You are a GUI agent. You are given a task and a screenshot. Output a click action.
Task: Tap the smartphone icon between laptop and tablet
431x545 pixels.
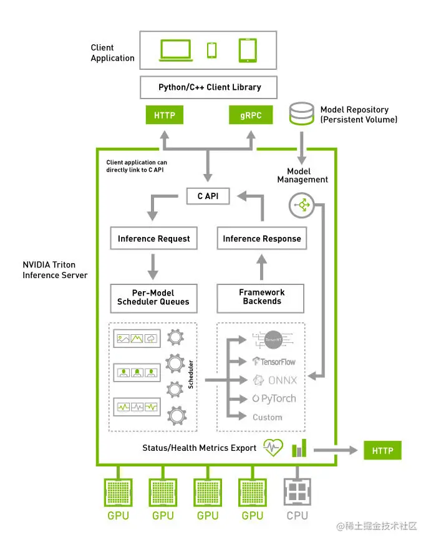click(x=212, y=51)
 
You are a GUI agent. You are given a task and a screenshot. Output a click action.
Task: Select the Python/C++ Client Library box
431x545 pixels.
click(x=209, y=87)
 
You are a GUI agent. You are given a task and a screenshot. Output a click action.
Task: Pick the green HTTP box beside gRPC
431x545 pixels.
click(x=165, y=116)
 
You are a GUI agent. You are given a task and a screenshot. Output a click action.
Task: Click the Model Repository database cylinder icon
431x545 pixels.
click(x=303, y=115)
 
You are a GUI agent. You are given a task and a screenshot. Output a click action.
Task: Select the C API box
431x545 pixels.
click(x=208, y=196)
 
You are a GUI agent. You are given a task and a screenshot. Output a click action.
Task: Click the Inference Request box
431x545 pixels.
click(x=154, y=238)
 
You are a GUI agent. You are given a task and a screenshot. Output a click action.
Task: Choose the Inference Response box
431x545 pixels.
click(x=261, y=238)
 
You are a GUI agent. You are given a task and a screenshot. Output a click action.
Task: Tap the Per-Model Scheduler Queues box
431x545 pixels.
click(x=154, y=297)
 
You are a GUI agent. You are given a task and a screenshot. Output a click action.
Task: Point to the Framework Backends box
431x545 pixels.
click(x=261, y=297)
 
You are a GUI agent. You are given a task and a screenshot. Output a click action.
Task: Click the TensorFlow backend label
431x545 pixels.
click(x=274, y=361)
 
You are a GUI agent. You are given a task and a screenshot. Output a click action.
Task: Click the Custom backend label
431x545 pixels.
click(x=268, y=417)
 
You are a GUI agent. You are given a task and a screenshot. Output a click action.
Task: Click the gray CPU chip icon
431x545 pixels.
click(x=297, y=492)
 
